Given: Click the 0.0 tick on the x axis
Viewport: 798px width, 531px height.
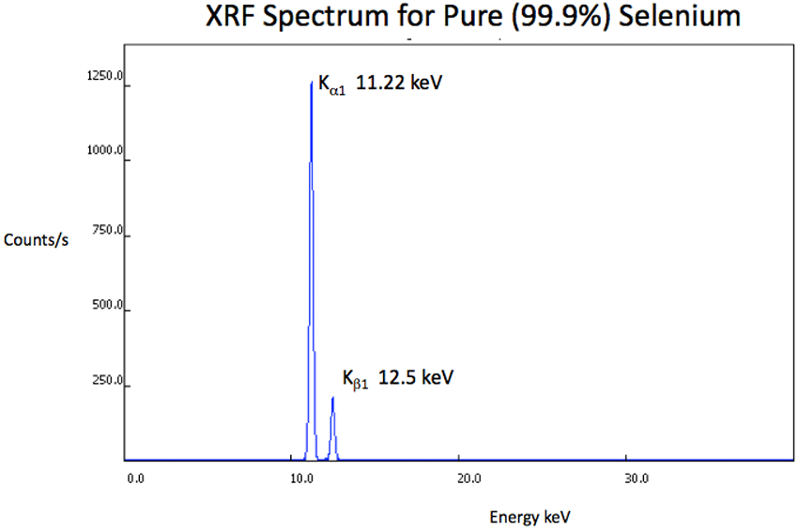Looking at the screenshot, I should (x=135, y=478).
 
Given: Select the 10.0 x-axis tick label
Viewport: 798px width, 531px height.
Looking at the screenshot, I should (x=301, y=478).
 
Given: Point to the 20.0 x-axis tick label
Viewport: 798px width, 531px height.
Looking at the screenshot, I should (x=468, y=478).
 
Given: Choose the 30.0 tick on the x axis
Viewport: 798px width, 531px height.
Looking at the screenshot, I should (x=636, y=478).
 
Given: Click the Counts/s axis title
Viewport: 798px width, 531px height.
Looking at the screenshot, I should (x=37, y=239).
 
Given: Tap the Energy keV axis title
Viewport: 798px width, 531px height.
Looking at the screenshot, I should (x=529, y=517).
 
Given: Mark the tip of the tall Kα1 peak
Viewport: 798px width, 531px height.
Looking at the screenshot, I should (x=311, y=83).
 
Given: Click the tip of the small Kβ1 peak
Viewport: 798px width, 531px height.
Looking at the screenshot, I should (x=332, y=398).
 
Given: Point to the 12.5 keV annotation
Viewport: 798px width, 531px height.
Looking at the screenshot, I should (x=416, y=377).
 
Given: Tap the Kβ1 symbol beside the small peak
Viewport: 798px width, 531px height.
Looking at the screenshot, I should (x=355, y=379).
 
